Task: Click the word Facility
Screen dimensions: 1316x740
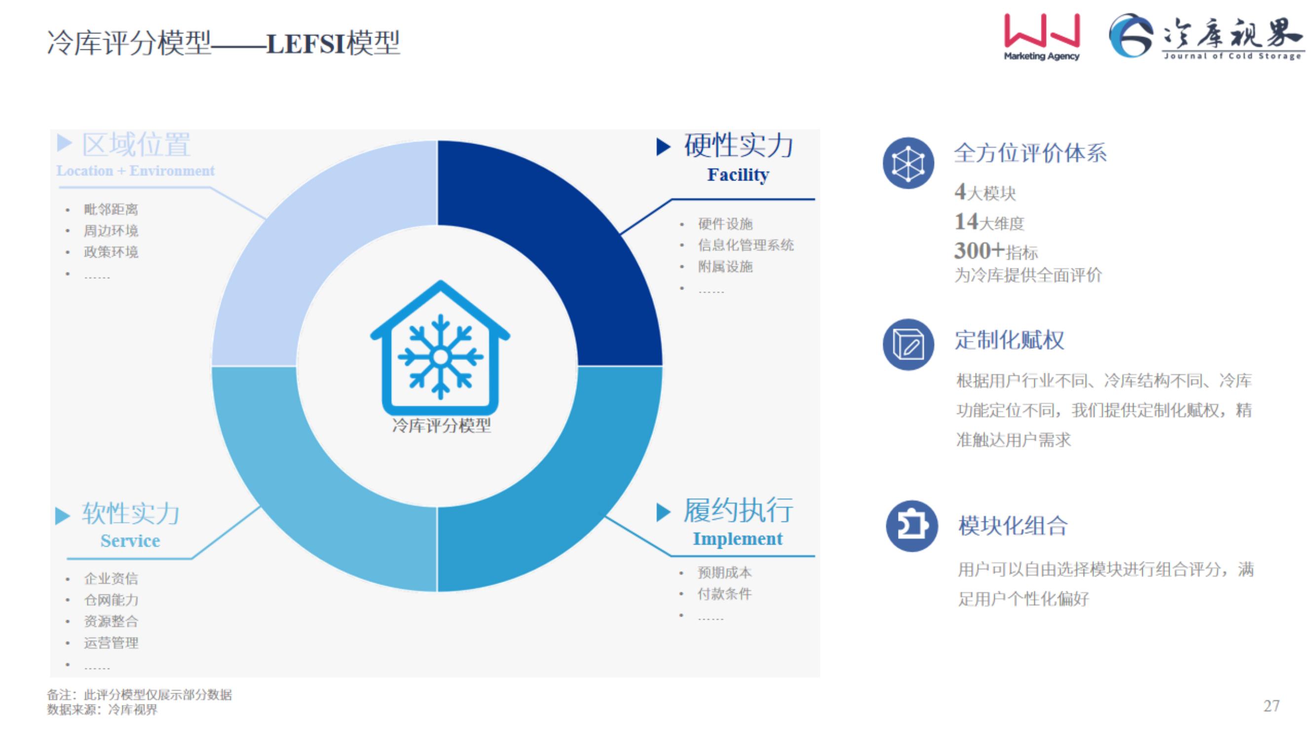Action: [x=738, y=175]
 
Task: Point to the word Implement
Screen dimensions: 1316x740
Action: [x=737, y=539]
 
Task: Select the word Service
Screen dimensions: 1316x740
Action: [x=130, y=540]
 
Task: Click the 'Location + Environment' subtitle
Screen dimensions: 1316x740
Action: [x=135, y=171]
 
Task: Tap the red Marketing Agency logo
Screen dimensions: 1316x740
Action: [x=1042, y=37]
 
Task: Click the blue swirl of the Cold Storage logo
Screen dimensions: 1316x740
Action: [x=1130, y=35]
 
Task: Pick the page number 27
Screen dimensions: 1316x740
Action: [x=1272, y=706]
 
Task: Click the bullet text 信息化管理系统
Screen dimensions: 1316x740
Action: [x=746, y=245]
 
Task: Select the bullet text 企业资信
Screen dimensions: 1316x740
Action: [x=111, y=579]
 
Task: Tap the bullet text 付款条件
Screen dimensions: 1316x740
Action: [x=724, y=594]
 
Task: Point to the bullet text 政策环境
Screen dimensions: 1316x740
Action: [x=111, y=252]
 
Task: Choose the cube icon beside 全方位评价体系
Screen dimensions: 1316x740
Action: [x=908, y=163]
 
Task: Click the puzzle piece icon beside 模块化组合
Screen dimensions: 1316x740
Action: [x=911, y=526]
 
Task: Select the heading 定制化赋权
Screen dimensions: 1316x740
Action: [x=1010, y=340]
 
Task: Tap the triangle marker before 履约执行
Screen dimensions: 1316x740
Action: [x=663, y=512]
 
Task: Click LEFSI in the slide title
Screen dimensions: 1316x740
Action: [x=305, y=43]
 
